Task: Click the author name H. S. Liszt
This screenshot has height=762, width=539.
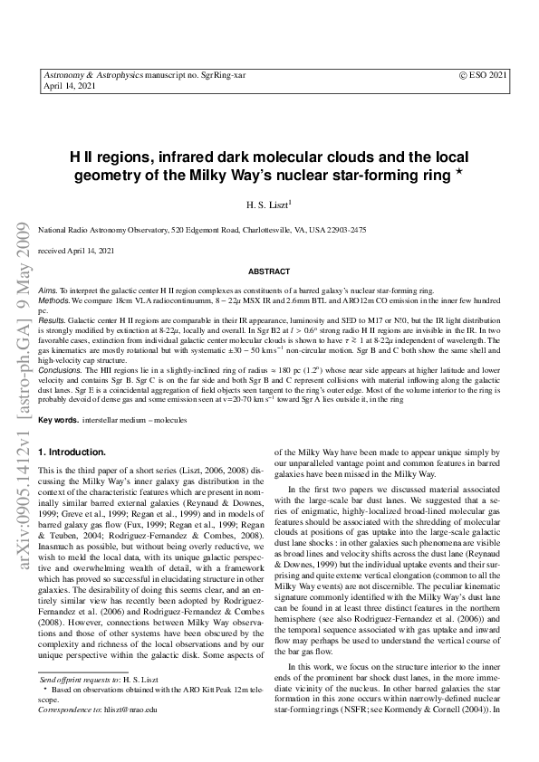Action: (x=269, y=206)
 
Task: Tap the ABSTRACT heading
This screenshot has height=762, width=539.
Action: (x=269, y=271)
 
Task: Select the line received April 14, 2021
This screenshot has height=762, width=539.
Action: (x=76, y=250)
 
